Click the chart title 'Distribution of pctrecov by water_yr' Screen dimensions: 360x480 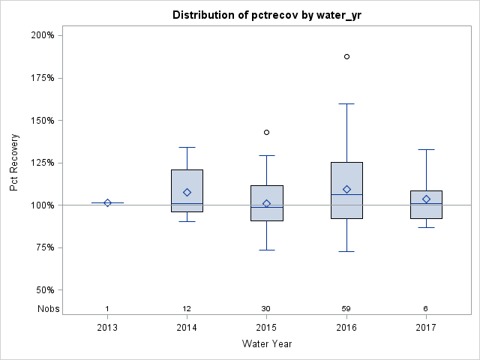[269, 15]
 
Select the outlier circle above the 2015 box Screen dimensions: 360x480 [266, 132]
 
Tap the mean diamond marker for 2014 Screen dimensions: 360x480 [187, 192]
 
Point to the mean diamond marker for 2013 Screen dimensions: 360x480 [107, 202]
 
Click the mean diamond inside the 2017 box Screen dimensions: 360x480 [426, 199]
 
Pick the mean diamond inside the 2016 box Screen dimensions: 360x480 [346, 189]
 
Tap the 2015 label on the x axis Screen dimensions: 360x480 [266, 328]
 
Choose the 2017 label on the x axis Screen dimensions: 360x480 [426, 328]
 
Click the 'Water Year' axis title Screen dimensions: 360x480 [266, 343]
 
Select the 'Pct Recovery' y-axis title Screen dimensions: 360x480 [15, 163]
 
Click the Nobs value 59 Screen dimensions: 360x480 [346, 308]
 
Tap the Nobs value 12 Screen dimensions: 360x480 [187, 308]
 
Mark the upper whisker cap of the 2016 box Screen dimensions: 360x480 [346, 103]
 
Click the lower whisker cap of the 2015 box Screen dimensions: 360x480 [266, 250]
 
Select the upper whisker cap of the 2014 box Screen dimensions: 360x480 [187, 147]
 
